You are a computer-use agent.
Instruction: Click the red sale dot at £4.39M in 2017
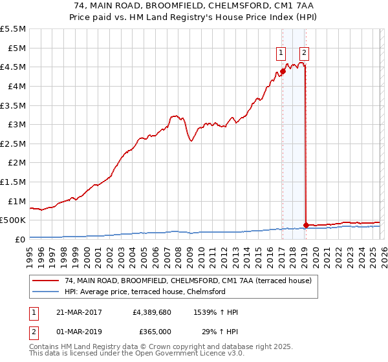(283, 72)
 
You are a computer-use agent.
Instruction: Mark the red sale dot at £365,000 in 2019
(305, 225)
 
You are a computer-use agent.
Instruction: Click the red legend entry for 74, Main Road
(188, 281)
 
